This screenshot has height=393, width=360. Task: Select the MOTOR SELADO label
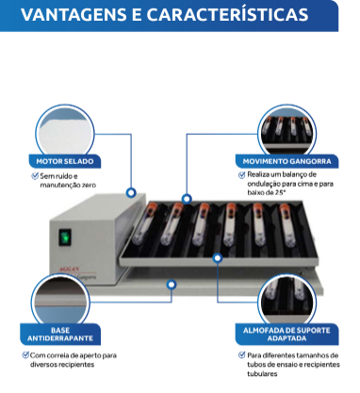click(66, 161)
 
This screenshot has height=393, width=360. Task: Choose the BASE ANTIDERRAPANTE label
click(59, 335)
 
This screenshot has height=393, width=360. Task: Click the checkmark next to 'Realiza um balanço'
click(242, 175)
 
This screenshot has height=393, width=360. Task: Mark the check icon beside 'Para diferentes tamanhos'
click(241, 355)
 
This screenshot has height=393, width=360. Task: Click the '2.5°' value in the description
click(280, 192)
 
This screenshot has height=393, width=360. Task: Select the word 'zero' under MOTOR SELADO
click(87, 185)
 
